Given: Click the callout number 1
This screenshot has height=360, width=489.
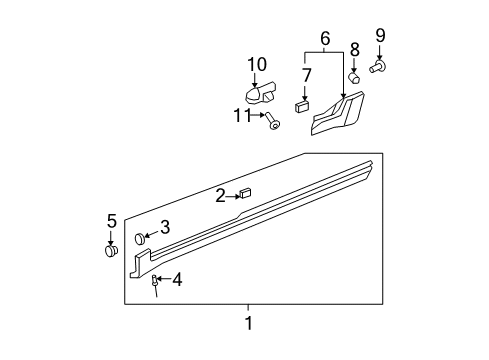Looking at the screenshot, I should (x=249, y=322).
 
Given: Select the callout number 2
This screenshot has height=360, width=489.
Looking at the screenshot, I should (x=220, y=196).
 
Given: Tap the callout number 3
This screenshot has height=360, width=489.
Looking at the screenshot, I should (x=165, y=227).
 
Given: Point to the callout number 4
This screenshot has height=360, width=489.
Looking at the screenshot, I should (x=177, y=279).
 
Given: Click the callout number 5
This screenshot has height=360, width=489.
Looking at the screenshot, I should (x=112, y=221).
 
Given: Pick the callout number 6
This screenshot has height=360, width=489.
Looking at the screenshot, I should (x=324, y=38).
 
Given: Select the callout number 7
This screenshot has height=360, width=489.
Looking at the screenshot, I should (x=308, y=75).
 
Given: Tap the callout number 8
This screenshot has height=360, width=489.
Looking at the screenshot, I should (x=354, y=48).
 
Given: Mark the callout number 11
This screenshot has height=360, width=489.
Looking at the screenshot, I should (x=240, y=117).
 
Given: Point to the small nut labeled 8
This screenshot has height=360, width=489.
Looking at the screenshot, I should (x=354, y=75).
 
